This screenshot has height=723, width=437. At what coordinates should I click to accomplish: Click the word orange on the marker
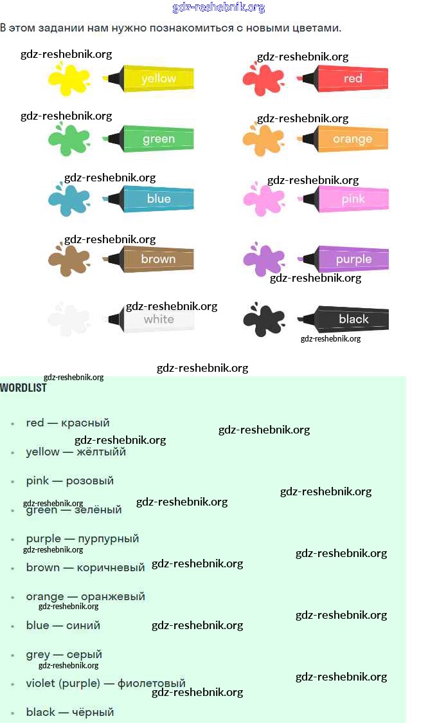[x=352, y=139]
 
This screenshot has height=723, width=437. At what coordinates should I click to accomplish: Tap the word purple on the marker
[x=353, y=259]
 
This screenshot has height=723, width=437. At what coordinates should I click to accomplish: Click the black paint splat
[x=263, y=319]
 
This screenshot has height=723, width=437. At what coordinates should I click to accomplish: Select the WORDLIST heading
[x=23, y=388]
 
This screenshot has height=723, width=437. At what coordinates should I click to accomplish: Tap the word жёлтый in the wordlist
[x=101, y=452]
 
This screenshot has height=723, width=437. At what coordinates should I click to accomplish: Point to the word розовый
[x=90, y=480]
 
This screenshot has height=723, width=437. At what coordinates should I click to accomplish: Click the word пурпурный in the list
[x=108, y=538]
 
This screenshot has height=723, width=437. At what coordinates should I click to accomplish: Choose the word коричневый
[x=111, y=567]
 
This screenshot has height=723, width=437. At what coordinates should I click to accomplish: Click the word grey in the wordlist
[x=37, y=655]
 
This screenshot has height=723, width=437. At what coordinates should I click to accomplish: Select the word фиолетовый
[x=151, y=683]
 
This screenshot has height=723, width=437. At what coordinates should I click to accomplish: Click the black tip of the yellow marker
[x=113, y=79]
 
